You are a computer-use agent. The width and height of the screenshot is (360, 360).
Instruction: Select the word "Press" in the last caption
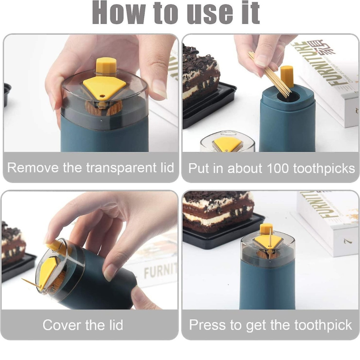(208, 325)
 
